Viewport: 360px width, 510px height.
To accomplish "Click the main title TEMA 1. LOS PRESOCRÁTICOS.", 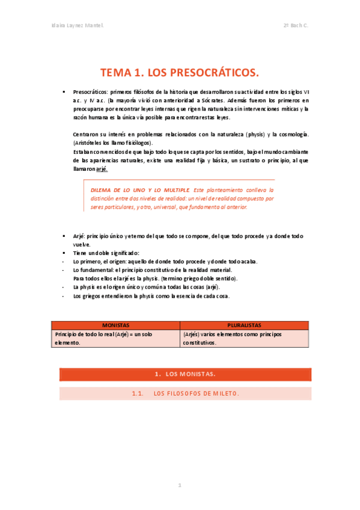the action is click(x=179, y=73).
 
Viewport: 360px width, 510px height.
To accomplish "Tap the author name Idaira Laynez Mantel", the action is click(x=78, y=26).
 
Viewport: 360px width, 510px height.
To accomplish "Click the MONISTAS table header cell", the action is click(x=115, y=325).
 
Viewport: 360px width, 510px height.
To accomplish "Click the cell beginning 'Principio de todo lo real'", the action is click(x=115, y=338).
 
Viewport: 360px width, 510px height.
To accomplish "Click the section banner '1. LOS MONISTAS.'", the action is click(x=185, y=374).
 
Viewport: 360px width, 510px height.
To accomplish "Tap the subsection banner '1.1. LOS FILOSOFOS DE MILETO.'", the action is click(x=185, y=394).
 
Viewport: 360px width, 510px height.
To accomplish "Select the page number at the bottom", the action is click(x=179, y=485).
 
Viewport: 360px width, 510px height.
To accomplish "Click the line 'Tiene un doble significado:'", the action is click(x=106, y=253).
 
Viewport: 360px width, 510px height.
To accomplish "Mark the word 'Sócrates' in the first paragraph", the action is click(x=209, y=100).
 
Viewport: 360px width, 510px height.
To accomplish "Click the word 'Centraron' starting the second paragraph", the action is click(x=86, y=134).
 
